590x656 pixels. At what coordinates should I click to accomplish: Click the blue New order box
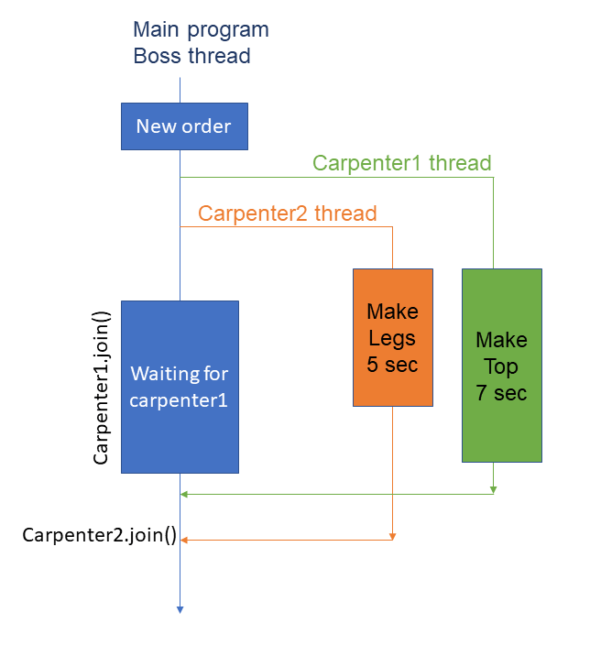(x=184, y=126)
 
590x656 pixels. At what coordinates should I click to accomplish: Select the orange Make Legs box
(x=392, y=337)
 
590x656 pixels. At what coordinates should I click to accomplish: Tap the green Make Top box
(x=501, y=365)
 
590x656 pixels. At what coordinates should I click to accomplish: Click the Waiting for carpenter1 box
(x=180, y=387)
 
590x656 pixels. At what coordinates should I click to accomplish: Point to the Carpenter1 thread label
(x=402, y=163)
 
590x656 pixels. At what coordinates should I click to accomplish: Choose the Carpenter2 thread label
(x=288, y=214)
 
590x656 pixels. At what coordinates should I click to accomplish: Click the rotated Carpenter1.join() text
(x=102, y=388)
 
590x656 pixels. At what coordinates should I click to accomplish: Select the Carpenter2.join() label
(x=100, y=535)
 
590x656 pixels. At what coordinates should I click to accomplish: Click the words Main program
(x=202, y=29)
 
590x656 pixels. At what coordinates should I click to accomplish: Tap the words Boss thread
(x=192, y=56)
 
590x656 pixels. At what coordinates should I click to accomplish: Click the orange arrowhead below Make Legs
(x=392, y=536)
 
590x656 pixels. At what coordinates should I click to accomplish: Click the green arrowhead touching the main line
(x=185, y=495)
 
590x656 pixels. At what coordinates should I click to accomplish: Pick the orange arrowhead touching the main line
(x=185, y=540)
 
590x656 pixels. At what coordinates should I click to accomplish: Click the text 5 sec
(x=392, y=365)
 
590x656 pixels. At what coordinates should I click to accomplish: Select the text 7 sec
(x=501, y=393)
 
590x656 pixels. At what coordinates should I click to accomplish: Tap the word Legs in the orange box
(x=392, y=338)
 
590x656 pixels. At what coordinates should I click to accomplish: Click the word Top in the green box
(x=501, y=366)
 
